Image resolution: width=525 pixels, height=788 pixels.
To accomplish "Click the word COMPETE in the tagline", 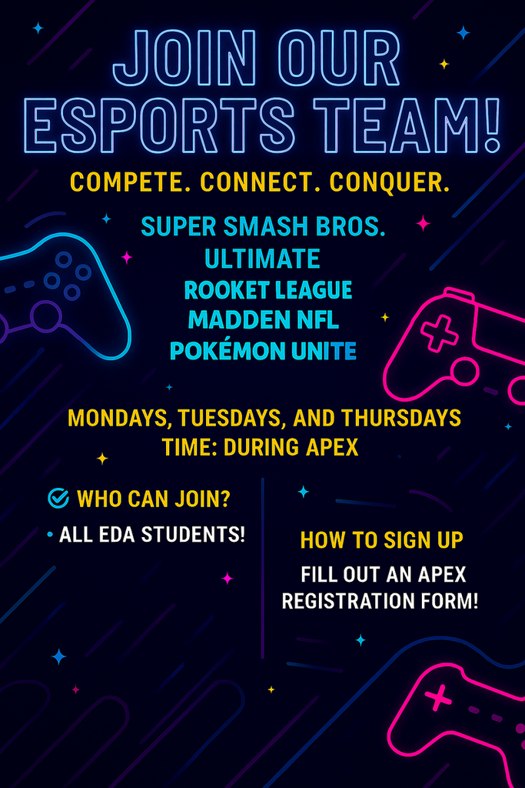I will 130,183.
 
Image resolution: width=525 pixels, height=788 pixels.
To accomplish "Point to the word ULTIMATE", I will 262,259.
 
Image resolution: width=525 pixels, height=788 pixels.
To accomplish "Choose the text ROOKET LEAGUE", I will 267,290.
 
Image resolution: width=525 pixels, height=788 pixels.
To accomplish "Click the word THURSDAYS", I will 401,418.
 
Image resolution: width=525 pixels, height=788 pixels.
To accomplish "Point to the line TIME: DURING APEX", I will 261,447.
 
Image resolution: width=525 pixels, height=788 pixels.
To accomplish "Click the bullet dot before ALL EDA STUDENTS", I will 49,534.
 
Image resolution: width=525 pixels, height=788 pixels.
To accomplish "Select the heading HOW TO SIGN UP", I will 381,540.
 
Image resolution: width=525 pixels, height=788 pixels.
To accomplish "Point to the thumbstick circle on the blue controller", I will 45,316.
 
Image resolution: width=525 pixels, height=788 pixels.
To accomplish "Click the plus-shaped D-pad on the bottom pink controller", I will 438,699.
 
